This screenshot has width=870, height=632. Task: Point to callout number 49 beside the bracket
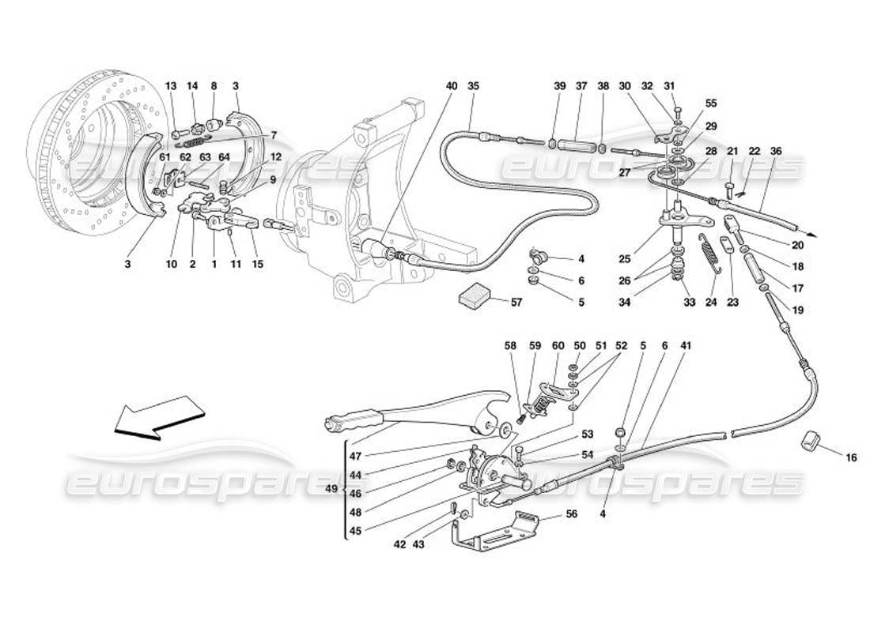(x=333, y=489)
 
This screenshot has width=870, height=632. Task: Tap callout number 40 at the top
(x=451, y=86)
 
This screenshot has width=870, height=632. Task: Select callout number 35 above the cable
(x=473, y=86)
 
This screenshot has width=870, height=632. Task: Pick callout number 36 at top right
(x=776, y=152)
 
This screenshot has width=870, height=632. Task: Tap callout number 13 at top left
(x=172, y=86)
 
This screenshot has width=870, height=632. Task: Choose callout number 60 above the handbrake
(x=558, y=345)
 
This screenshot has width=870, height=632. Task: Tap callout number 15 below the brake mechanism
(x=258, y=264)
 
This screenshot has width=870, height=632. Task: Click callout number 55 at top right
(x=711, y=103)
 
